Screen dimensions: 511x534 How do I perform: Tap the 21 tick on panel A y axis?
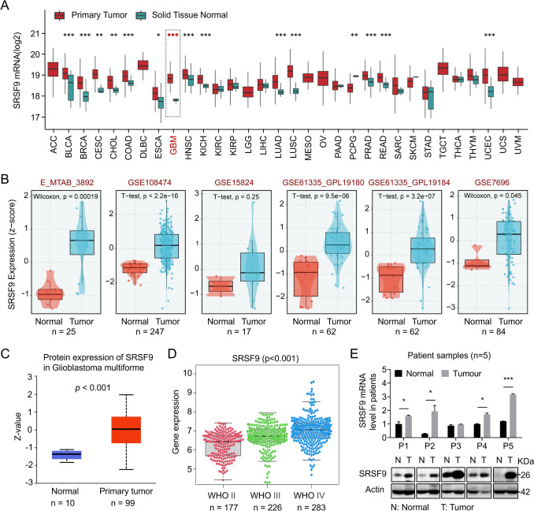[35, 33]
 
